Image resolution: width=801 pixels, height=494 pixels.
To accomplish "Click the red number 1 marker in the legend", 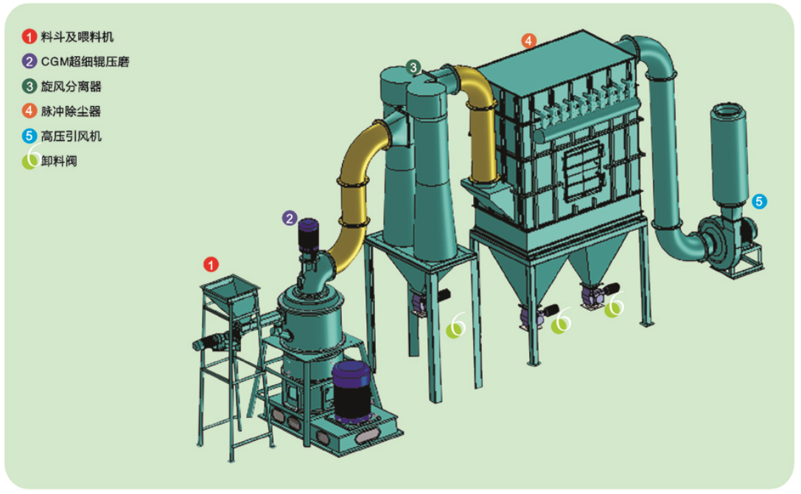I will (x=29, y=36).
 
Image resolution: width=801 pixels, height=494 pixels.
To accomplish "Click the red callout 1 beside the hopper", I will (x=211, y=264).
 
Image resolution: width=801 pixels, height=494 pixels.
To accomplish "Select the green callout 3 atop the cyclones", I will (x=414, y=67).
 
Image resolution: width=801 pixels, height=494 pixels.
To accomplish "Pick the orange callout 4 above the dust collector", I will (x=528, y=41).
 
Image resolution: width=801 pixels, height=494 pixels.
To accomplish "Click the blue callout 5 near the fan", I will (x=760, y=201).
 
